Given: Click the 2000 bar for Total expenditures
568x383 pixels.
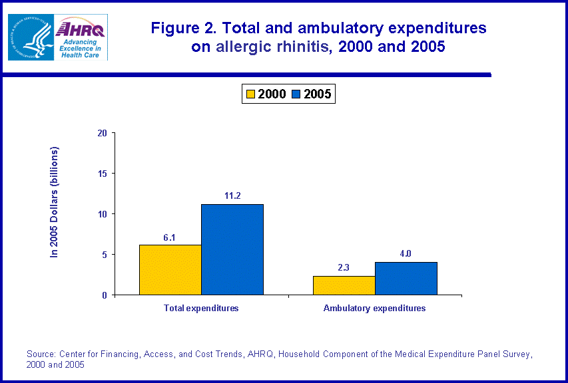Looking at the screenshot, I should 170,270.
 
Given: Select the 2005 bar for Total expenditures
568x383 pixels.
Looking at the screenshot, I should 232,249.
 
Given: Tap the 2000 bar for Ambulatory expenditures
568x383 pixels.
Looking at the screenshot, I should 344,285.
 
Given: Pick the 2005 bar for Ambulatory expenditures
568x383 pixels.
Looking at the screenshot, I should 406,279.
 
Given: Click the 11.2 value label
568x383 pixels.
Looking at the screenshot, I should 232,195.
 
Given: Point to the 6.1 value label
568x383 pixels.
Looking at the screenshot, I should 170,237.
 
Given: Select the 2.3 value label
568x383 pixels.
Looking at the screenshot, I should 344,268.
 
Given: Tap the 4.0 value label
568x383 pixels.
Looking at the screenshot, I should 406,254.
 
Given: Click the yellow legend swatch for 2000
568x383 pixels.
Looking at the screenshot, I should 250,94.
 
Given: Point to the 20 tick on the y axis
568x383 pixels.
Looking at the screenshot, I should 103,133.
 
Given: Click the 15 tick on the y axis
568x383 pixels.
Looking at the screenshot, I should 103,174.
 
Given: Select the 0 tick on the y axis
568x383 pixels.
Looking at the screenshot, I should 105,295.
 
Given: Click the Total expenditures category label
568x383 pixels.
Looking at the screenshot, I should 201,309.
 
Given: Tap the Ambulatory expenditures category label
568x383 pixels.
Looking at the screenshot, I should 374,309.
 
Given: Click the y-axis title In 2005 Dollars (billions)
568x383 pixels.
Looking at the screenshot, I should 55,201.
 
